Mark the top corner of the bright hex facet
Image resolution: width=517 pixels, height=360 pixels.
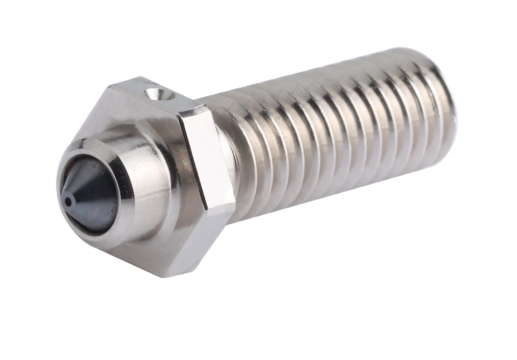coord(188,111)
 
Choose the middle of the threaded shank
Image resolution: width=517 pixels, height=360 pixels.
coord(334,135)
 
